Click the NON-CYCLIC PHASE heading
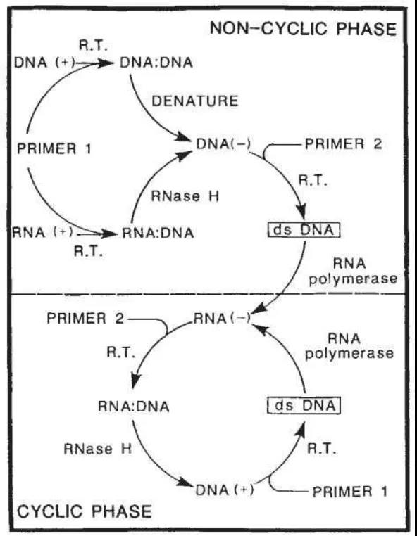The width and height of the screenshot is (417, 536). point(303,28)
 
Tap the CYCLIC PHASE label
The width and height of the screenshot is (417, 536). point(85,511)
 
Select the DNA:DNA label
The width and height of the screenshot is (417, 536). point(156,63)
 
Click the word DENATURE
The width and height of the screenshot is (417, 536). point(195,101)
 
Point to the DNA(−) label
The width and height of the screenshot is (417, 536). point(223,144)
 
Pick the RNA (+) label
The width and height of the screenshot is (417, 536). point(43,232)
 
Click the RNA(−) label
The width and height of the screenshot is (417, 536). point(222,319)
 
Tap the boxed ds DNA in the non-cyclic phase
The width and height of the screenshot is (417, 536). point(304,230)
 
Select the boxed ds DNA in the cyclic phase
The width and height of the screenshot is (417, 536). point(304,405)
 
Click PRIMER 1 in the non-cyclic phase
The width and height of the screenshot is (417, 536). point(54,149)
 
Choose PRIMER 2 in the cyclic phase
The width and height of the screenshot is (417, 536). point(85,318)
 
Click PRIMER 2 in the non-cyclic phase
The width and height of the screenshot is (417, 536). point(344,144)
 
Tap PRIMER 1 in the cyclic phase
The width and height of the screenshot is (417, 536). point(350,492)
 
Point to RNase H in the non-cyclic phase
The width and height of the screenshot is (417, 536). point(185,196)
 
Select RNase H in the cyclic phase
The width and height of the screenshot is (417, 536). point(98,449)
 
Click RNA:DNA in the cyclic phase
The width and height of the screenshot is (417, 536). point(134,407)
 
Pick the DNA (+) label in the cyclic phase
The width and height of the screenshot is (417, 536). point(225,490)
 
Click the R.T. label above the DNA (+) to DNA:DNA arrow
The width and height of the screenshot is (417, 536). point(93,46)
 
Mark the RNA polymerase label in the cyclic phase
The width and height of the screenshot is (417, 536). point(349,346)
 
